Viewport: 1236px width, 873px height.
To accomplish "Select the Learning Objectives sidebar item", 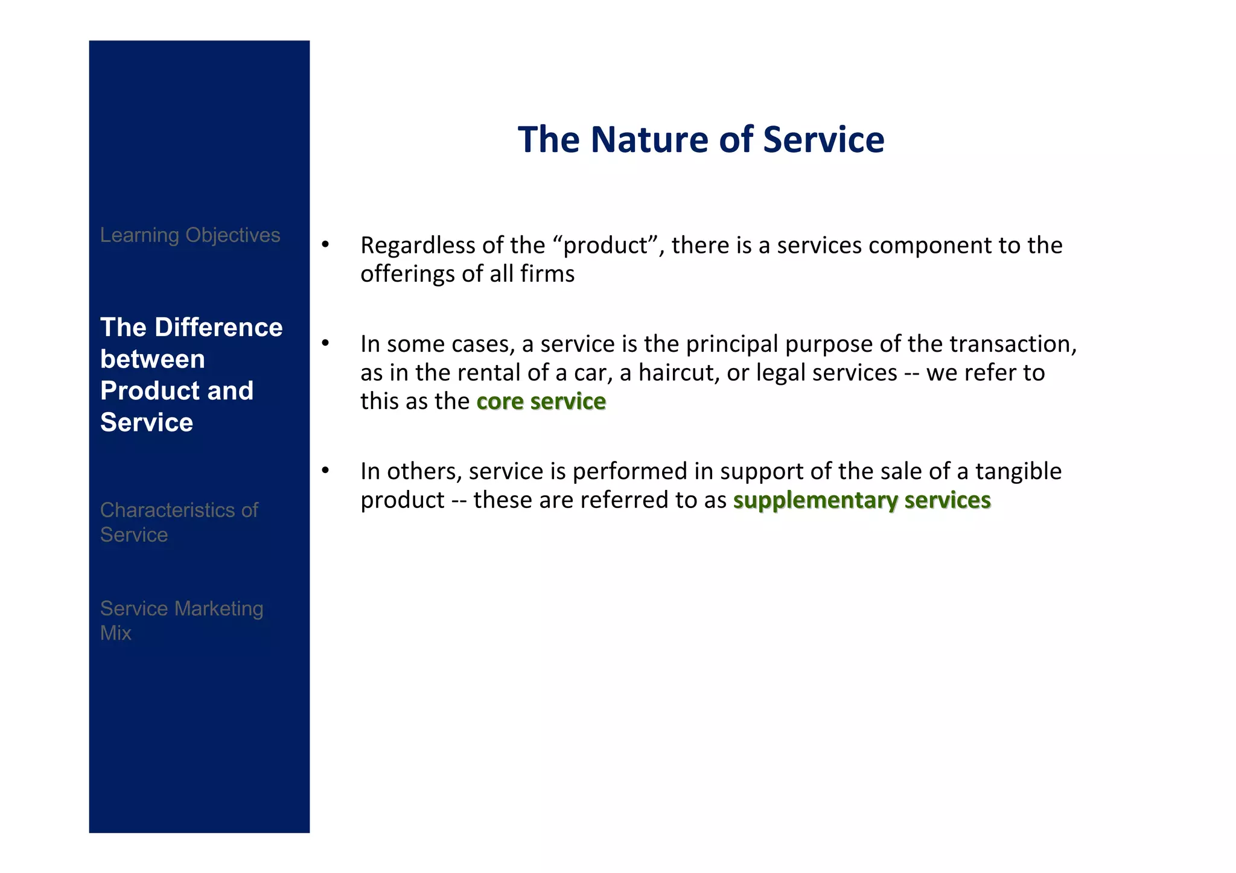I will click(190, 235).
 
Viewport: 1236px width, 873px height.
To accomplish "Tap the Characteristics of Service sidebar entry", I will click(179, 522).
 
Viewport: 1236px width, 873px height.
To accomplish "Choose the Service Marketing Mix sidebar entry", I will click(181, 620).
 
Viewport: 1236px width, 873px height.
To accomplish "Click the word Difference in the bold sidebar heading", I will click(218, 328).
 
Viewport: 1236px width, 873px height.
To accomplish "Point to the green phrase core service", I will click(541, 402).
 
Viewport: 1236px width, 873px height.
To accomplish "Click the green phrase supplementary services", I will click(861, 501).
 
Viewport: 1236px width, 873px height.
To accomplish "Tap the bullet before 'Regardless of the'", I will click(325, 244).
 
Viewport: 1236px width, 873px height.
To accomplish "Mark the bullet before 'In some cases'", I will click(325, 343).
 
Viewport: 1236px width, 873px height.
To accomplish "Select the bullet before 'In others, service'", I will click(325, 471).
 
